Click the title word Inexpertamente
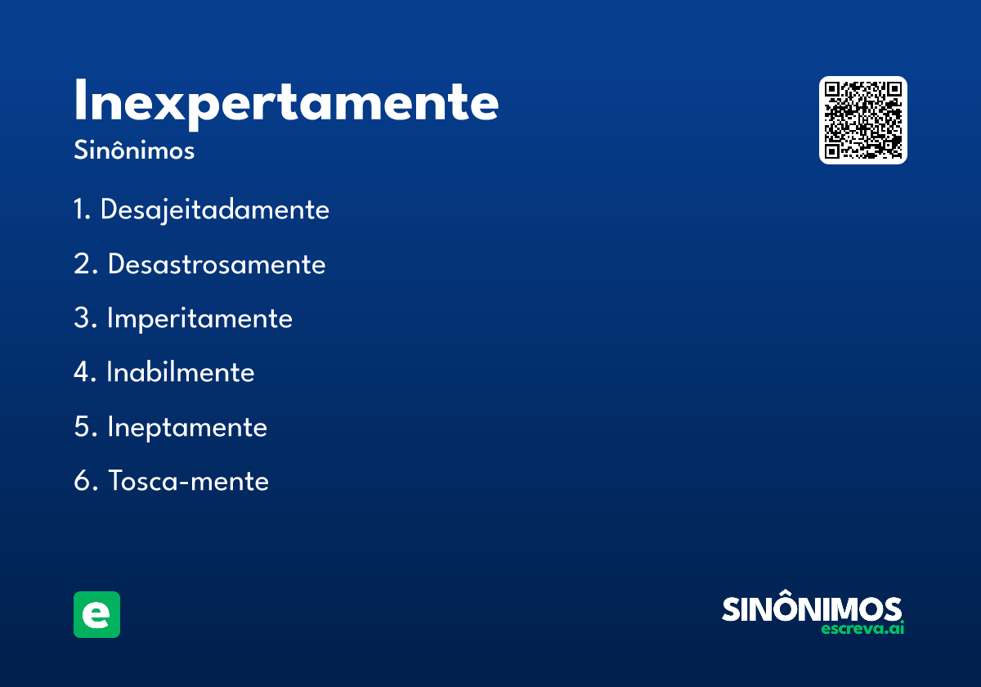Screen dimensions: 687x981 [286, 103]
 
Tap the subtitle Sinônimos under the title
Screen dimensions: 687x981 [134, 151]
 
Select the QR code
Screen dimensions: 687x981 [862, 120]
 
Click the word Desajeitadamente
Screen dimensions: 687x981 [214, 210]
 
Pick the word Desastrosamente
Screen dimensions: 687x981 [217, 264]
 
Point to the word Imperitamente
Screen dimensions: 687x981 [199, 318]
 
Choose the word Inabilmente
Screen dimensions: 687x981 [181, 373]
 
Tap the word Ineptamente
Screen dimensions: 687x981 [187, 427]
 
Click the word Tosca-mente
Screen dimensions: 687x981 [189, 481]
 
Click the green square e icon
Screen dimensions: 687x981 [96, 614]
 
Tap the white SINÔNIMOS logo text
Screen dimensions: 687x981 [812, 609]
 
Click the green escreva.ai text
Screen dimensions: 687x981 [862, 629]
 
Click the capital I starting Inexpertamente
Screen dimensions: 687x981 [79, 101]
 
